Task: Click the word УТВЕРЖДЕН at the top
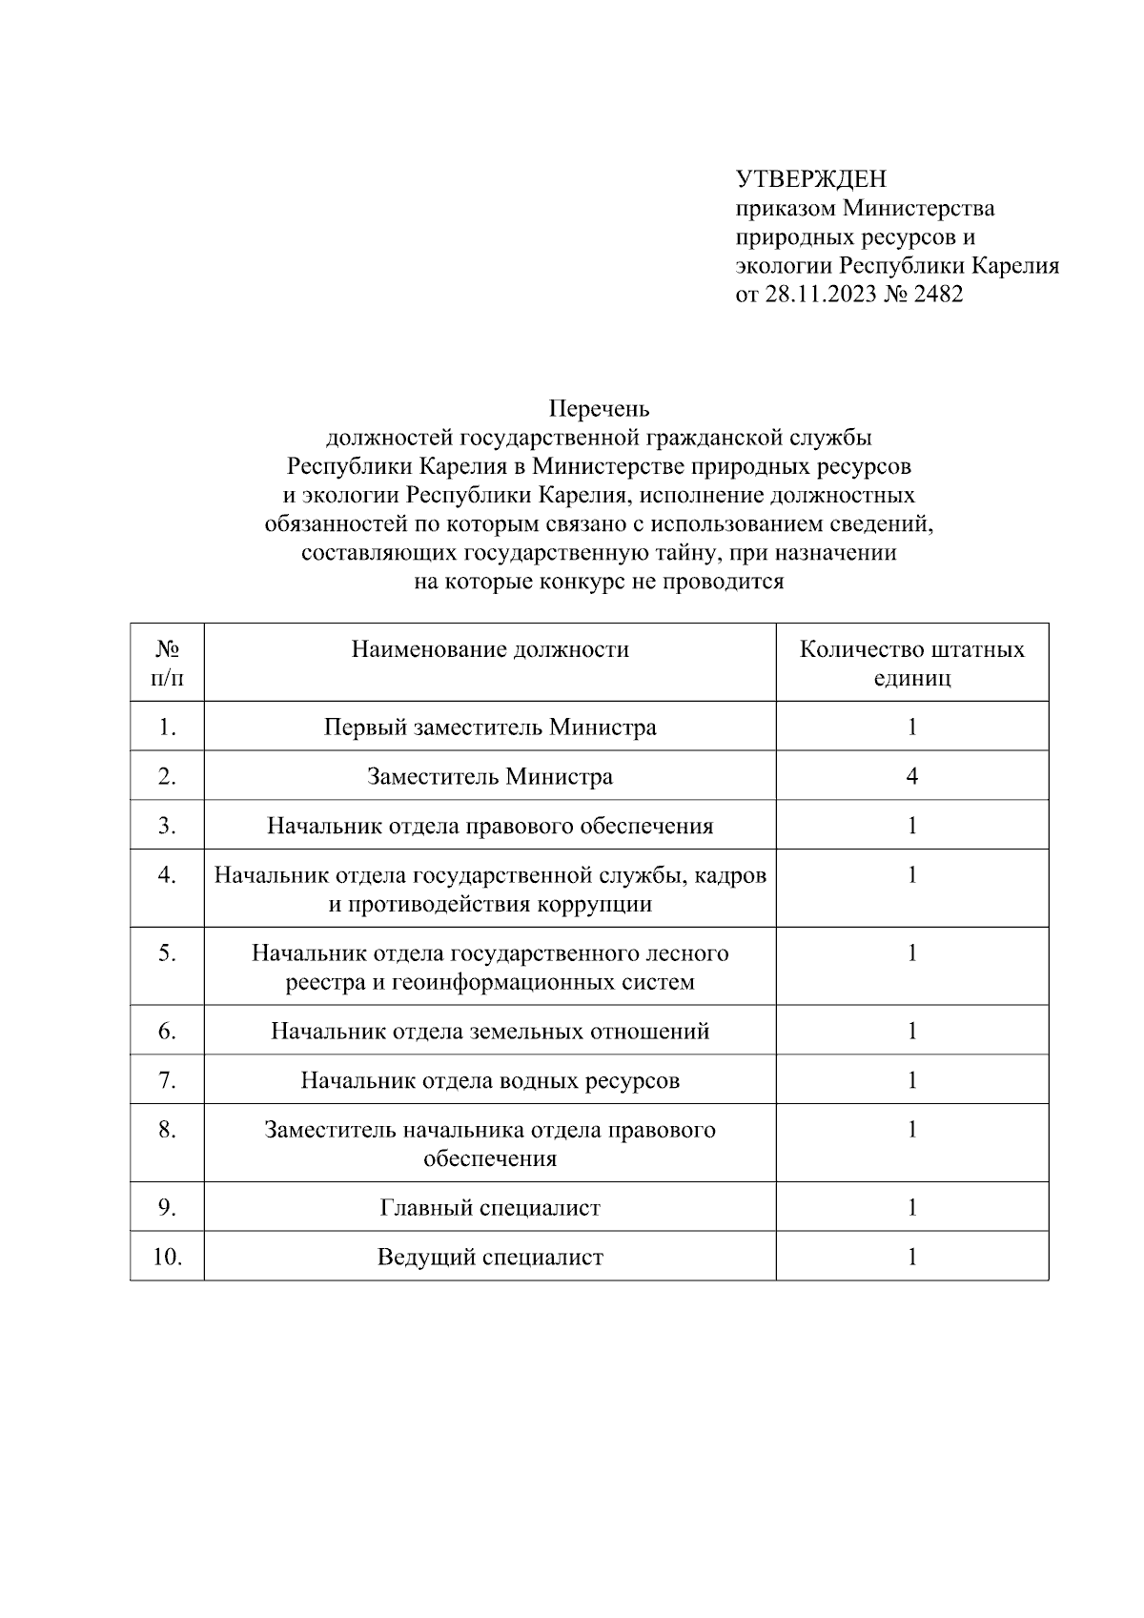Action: (810, 179)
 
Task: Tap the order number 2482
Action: (938, 294)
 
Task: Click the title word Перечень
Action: (599, 409)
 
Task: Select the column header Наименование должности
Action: (490, 650)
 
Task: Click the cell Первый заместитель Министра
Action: (490, 727)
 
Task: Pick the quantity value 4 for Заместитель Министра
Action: (911, 777)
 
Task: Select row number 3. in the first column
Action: (168, 826)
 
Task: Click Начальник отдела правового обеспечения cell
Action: (490, 826)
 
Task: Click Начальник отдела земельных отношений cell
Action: (490, 1032)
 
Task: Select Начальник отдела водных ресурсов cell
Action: (490, 1081)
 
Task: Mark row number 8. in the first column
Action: (168, 1130)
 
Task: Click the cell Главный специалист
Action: (490, 1208)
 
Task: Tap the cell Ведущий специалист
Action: (490, 1258)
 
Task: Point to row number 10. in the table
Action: (168, 1258)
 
